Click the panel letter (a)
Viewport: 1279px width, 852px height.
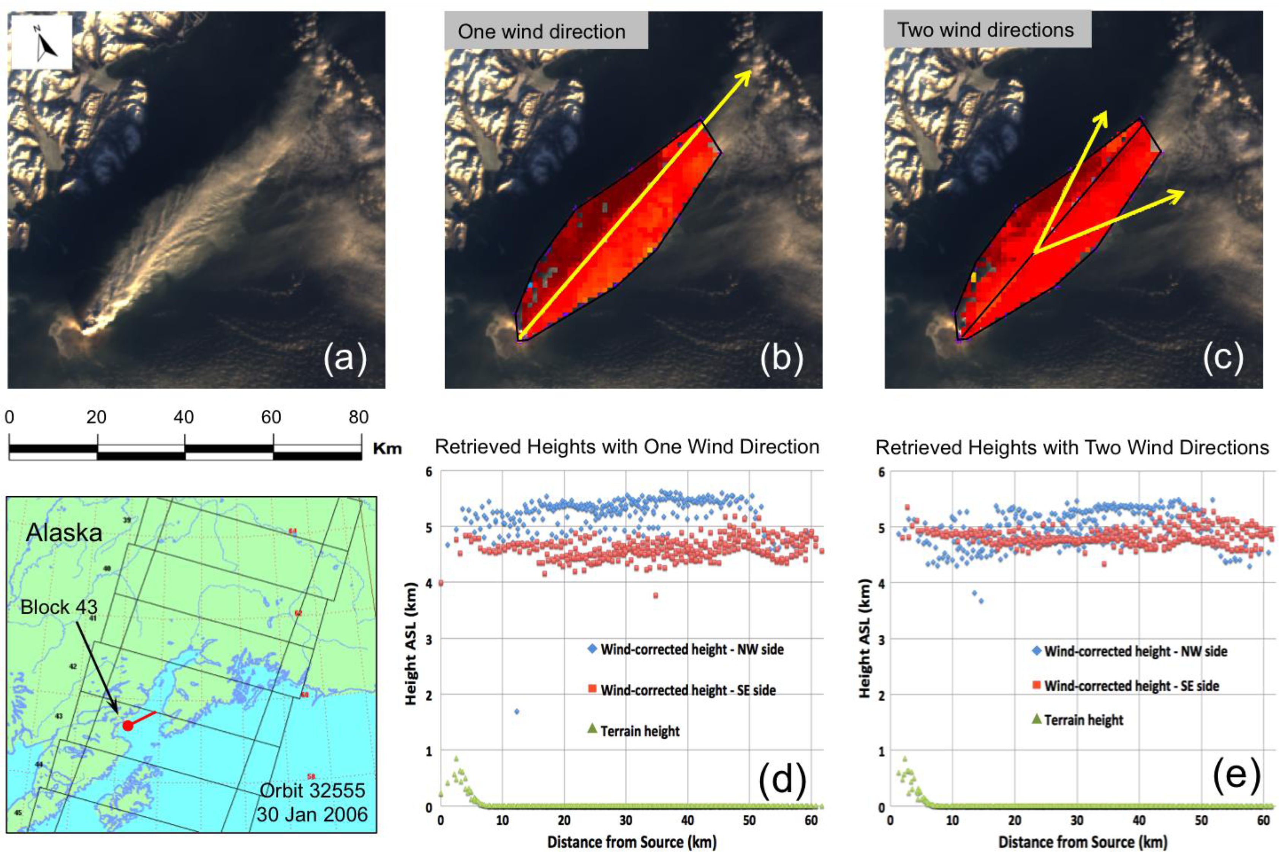point(346,359)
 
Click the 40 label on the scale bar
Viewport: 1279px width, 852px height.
point(184,417)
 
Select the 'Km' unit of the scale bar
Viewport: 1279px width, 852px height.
point(387,449)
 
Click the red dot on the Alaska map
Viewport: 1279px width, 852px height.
point(127,726)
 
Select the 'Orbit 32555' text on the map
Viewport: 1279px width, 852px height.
point(313,790)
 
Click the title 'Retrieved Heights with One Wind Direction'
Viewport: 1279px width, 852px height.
point(627,447)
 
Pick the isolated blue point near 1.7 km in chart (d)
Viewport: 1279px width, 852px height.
point(516,711)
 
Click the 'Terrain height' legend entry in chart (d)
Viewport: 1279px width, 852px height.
point(640,731)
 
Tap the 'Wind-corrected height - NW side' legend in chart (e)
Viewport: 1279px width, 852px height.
point(1135,651)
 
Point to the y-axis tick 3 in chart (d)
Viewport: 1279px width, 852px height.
point(429,639)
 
